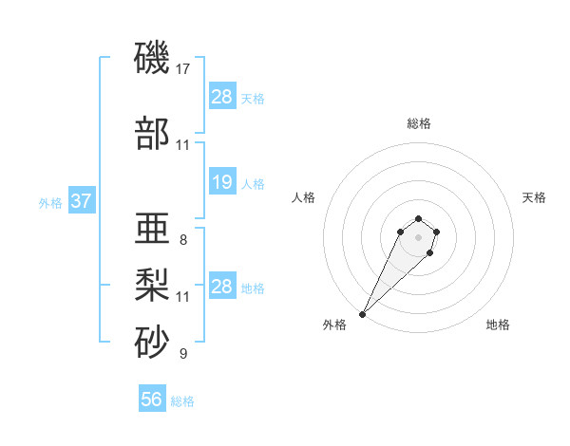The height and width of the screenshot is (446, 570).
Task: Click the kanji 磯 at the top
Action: click(x=153, y=58)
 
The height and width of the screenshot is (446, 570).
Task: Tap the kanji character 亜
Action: click(x=153, y=231)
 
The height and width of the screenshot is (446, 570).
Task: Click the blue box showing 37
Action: click(x=81, y=202)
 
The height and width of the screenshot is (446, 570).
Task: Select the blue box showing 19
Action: click(x=222, y=182)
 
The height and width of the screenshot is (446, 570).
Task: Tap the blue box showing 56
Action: click(x=152, y=400)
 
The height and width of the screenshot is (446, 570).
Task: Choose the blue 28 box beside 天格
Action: click(x=222, y=97)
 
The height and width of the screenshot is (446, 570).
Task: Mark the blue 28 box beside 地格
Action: click(x=222, y=287)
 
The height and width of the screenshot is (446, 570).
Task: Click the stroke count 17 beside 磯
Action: click(x=184, y=69)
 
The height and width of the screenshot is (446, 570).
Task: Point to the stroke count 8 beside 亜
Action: click(x=183, y=240)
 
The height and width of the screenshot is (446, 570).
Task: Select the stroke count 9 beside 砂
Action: click(x=183, y=354)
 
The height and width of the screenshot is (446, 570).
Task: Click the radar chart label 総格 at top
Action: click(x=419, y=123)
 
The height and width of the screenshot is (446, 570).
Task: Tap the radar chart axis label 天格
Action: click(x=534, y=197)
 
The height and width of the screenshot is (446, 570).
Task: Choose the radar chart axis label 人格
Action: click(x=304, y=197)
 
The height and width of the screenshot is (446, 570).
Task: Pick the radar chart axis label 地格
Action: click(x=498, y=325)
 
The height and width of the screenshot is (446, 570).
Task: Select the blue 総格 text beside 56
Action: click(x=182, y=401)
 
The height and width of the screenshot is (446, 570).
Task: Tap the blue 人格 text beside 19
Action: click(x=253, y=183)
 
